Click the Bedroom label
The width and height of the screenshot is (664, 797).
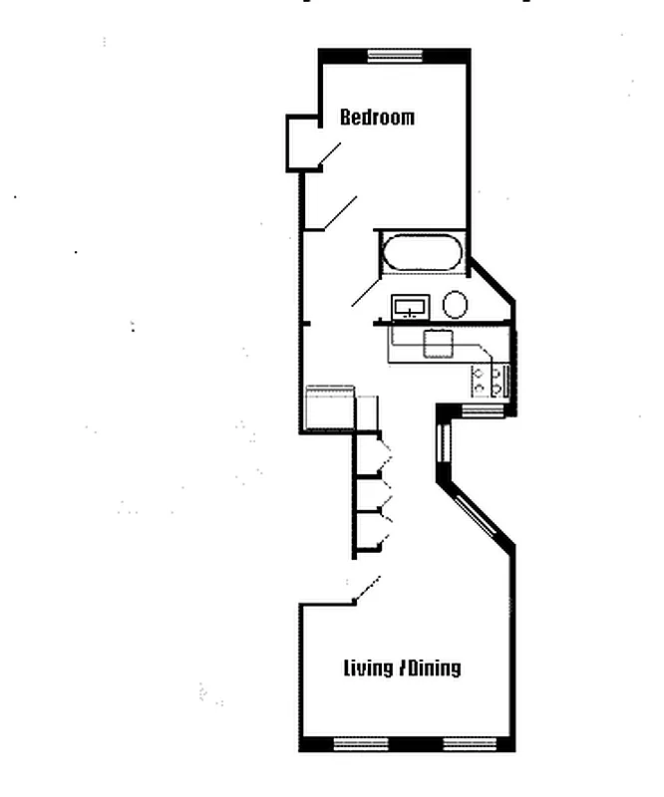(377, 118)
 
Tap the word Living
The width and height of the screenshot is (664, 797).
(368, 667)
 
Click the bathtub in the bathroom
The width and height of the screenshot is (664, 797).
(423, 253)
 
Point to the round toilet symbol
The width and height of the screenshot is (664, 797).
(456, 304)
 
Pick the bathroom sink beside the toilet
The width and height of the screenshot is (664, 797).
(410, 306)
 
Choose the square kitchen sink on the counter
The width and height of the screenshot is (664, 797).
(439, 344)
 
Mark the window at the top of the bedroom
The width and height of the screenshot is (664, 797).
(393, 56)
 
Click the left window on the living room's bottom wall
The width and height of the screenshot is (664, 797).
(359, 744)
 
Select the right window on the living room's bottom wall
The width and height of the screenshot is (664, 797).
(470, 744)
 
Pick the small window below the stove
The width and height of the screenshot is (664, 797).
(484, 409)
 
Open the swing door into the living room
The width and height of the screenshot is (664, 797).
(366, 589)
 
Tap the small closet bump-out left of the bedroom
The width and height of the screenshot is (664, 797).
(302, 142)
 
